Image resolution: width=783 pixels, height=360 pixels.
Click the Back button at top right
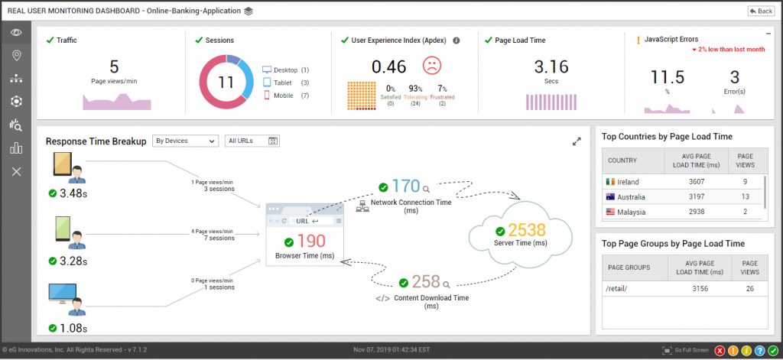761,11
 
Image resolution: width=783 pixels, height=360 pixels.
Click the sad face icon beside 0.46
433,66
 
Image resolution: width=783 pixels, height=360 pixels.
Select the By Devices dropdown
185,141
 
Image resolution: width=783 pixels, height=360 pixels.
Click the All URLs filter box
252,141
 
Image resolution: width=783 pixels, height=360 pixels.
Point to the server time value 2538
527,231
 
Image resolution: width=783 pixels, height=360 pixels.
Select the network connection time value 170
406,186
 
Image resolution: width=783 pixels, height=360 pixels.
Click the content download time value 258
427,281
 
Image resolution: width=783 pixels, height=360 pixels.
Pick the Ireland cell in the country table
628,182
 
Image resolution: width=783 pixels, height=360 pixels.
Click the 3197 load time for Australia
697,197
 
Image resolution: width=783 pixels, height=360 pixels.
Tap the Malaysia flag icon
609,212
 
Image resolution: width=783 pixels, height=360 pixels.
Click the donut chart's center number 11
226,82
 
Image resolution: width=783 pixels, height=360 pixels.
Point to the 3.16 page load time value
551,66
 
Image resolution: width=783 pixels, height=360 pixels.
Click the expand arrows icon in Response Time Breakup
577,141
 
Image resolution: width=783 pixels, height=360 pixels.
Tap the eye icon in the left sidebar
16,32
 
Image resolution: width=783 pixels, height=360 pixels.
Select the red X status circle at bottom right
720,350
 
